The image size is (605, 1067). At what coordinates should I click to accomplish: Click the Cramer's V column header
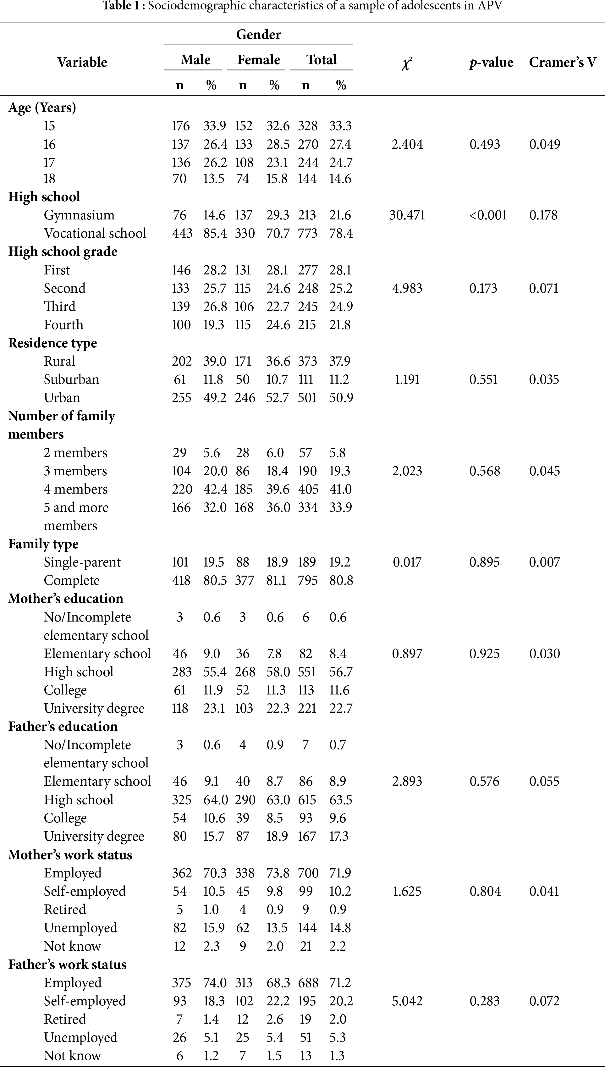[562, 62]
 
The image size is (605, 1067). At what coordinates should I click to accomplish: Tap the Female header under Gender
[258, 60]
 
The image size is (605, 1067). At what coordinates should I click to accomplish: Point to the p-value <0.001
[488, 215]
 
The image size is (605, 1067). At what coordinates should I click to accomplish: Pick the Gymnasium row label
[79, 215]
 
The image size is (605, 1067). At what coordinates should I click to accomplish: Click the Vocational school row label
[95, 233]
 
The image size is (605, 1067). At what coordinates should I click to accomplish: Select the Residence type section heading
[52, 343]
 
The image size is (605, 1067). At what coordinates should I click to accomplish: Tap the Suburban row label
[71, 379]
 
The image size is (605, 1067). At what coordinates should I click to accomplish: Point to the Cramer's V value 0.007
[544, 562]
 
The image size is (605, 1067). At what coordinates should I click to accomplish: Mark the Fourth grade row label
[63, 325]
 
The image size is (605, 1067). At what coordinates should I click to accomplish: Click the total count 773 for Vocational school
[307, 233]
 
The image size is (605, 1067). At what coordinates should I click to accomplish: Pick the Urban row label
[62, 398]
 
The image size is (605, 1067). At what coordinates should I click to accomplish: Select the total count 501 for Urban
[307, 398]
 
